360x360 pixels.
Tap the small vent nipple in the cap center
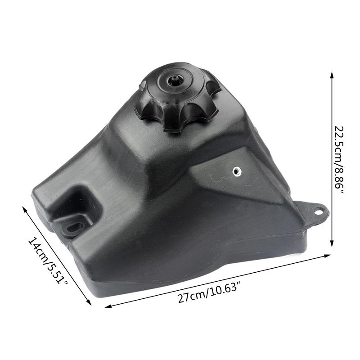173,81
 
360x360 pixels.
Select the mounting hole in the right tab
319,210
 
